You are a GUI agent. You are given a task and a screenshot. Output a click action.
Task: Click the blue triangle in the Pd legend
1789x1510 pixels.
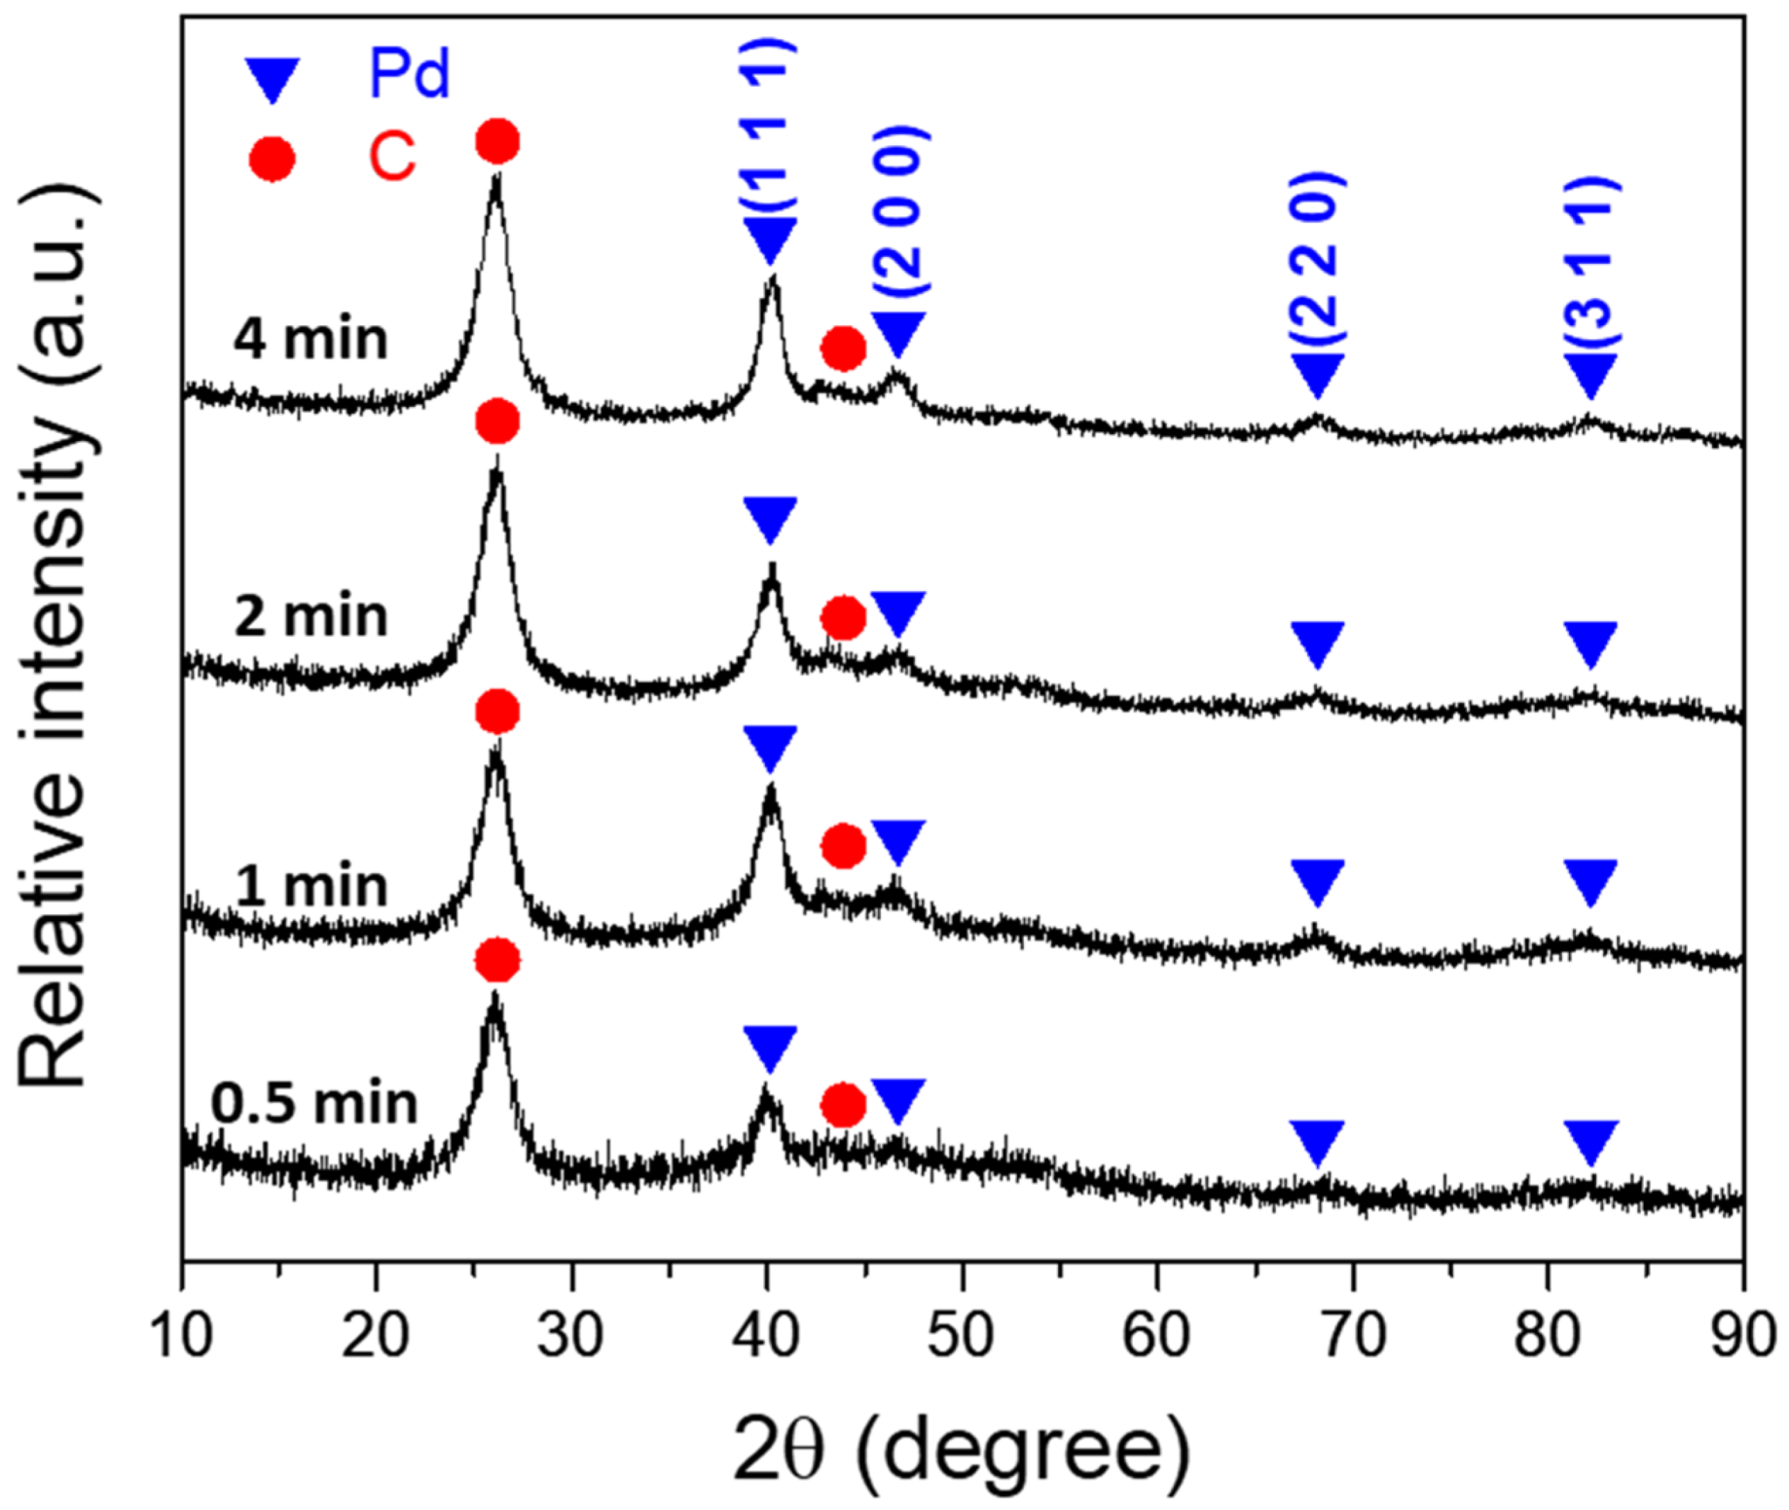coord(272,78)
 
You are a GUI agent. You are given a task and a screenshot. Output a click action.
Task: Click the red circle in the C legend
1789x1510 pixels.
coord(272,159)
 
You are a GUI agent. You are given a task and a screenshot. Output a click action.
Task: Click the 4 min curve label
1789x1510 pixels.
coord(310,339)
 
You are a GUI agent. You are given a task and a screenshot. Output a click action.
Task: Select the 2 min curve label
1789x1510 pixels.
coord(310,616)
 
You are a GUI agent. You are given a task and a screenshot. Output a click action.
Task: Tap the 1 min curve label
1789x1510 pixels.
coord(310,886)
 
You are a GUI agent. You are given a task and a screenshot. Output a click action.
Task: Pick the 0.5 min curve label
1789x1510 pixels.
coord(313,1103)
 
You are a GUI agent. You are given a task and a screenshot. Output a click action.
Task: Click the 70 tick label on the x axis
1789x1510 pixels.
coord(1353,1335)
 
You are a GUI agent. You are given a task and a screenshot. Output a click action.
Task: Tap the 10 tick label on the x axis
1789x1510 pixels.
coord(181,1335)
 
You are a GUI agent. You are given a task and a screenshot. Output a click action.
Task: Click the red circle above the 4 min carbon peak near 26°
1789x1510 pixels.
coord(497,142)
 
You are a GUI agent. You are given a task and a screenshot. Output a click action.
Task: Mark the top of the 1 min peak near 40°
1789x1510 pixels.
coord(771,789)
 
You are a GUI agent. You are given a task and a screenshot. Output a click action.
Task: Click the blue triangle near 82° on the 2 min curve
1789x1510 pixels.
coord(1591,644)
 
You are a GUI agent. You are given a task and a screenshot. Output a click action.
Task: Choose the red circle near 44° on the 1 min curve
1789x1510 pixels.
coord(843,846)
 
